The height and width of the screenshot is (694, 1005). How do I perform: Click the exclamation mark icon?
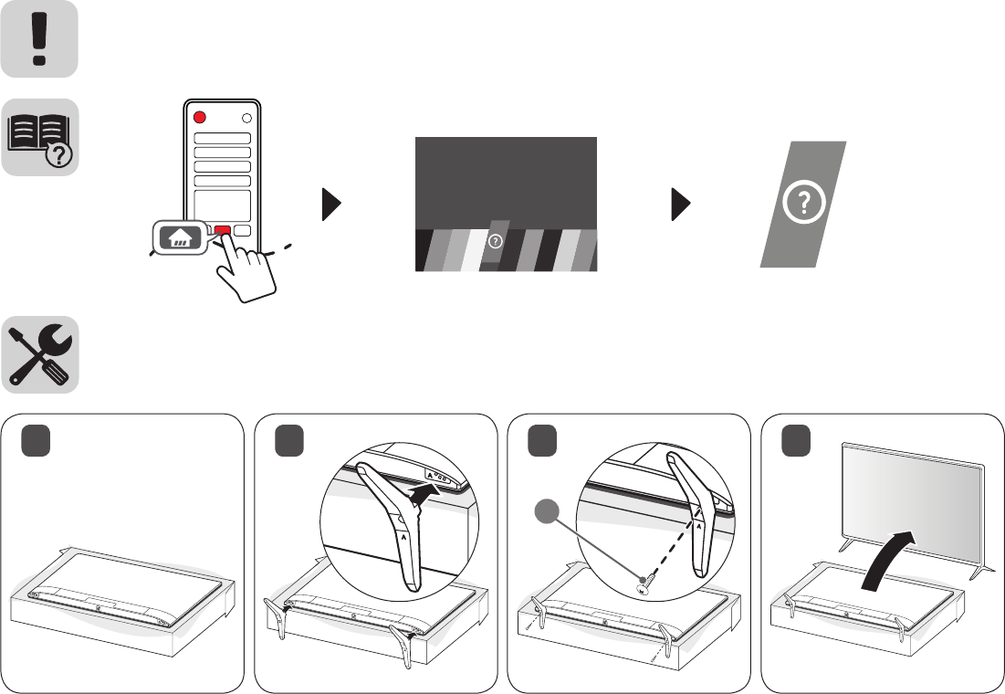click(38, 39)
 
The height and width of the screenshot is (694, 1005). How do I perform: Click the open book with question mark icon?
click(38, 137)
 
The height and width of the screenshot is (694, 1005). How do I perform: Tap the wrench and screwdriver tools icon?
click(38, 355)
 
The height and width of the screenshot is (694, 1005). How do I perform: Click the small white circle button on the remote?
click(245, 118)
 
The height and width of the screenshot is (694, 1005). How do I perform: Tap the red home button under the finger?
click(222, 231)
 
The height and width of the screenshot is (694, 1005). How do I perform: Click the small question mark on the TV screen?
click(496, 242)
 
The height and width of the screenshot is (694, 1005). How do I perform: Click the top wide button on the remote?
click(222, 138)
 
